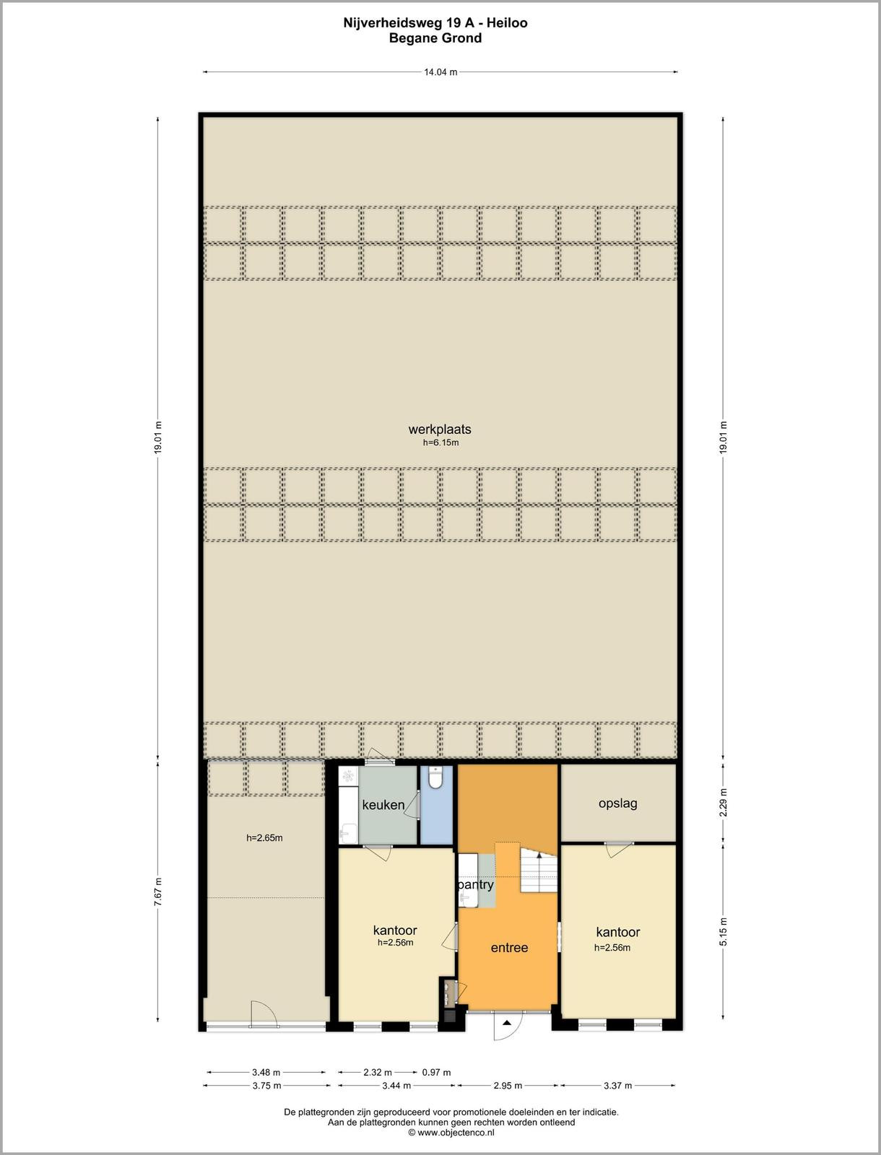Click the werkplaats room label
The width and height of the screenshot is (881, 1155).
tap(440, 429)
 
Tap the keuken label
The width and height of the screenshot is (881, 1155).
tap(383, 805)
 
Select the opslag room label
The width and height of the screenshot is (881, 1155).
tap(618, 803)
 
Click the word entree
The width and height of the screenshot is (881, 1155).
tap(509, 948)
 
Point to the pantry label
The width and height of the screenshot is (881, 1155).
tap(477, 885)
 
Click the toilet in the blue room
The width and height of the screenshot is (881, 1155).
tap(435, 777)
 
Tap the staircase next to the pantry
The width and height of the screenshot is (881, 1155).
tap(539, 871)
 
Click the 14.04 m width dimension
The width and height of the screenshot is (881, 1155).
tap(440, 72)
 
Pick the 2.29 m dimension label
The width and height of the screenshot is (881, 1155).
tap(724, 803)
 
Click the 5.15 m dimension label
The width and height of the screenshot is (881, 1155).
tap(724, 932)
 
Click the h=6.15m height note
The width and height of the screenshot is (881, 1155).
tap(440, 443)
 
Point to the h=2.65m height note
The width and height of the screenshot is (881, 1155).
tap(264, 837)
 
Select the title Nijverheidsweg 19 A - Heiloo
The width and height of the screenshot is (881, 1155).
tap(435, 23)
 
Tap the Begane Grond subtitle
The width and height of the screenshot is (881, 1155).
tap(435, 38)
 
